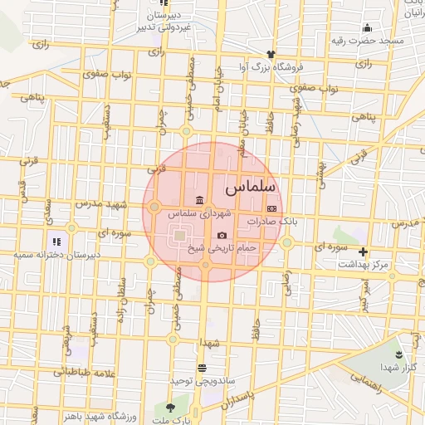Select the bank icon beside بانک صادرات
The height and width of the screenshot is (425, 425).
click(271, 208)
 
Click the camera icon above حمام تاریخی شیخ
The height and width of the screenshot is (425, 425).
click(222, 236)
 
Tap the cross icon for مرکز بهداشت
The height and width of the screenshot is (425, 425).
click(363, 252)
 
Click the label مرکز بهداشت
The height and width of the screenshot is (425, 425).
click(363, 264)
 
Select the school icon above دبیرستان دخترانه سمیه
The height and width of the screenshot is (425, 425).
click(56, 242)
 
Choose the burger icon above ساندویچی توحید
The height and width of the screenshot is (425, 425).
click(202, 367)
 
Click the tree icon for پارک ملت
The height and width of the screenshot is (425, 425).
click(171, 407)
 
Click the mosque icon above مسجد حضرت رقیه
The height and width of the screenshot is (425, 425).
click(368, 27)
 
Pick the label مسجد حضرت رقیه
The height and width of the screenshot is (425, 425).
click(368, 40)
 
